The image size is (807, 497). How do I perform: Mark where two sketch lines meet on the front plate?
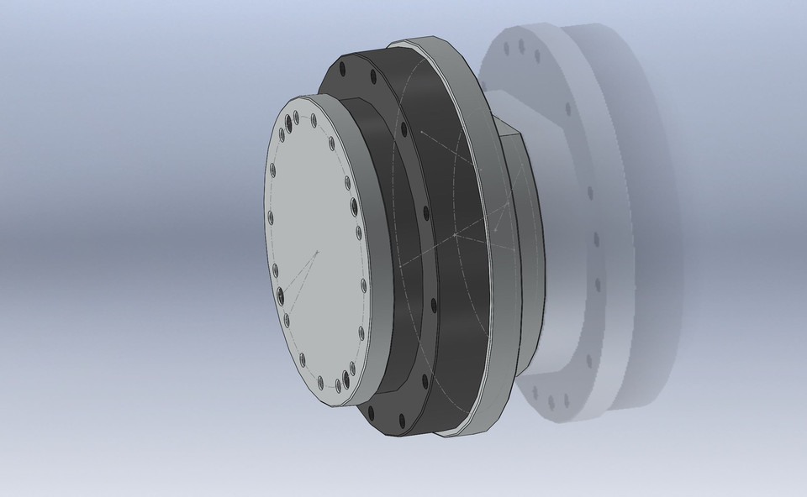[x=317, y=252]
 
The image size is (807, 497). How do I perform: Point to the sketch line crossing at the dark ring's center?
[x=455, y=236]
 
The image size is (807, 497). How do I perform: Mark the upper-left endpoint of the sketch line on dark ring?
[x=419, y=133]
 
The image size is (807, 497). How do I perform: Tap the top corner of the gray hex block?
[x=497, y=118]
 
